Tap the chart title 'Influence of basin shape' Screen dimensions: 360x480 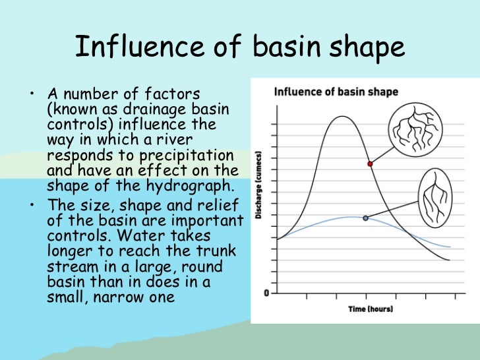(x=336, y=92)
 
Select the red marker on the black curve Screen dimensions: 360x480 (x=370, y=164)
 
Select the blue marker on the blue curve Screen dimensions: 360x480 (x=365, y=218)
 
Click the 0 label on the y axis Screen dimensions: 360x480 (x=265, y=293)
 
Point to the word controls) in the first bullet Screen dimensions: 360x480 (x=77, y=125)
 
